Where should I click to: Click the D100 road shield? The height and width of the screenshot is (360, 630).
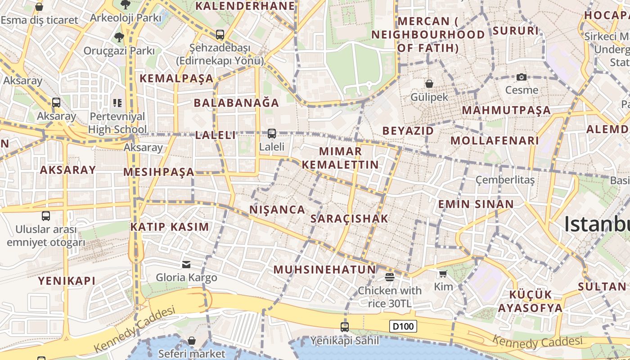tap(403, 326)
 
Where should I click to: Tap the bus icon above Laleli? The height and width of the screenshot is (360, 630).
tap(272, 134)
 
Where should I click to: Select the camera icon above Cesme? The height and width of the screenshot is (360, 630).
tap(522, 77)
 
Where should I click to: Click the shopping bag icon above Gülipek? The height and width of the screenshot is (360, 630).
tap(429, 84)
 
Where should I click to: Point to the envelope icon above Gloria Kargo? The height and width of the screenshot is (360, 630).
tap(186, 264)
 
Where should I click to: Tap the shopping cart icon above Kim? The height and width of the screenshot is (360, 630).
tap(443, 274)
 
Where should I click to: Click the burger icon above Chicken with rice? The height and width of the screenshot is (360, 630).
tap(390, 277)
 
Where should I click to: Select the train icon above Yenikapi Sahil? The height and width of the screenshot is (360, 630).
tap(345, 327)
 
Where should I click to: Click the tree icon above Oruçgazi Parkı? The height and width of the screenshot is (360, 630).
tap(119, 37)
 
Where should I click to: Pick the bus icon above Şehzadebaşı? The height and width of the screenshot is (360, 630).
tap(220, 34)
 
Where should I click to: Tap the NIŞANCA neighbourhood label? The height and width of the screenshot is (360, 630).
tap(277, 210)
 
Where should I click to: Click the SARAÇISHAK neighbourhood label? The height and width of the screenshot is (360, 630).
tap(349, 219)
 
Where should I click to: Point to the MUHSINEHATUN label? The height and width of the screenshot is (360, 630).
tap(324, 270)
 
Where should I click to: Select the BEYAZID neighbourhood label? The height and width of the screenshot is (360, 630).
tap(408, 131)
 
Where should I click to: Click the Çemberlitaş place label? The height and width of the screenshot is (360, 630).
tap(505, 180)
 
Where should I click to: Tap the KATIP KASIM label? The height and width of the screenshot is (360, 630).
tap(170, 227)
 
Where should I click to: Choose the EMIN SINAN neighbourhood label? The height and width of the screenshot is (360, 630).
tap(476, 204)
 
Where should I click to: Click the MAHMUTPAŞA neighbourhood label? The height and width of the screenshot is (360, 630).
tap(506, 110)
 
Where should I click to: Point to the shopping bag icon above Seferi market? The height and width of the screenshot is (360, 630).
tap(192, 341)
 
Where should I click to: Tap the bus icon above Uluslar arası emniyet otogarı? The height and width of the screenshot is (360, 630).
tap(46, 216)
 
